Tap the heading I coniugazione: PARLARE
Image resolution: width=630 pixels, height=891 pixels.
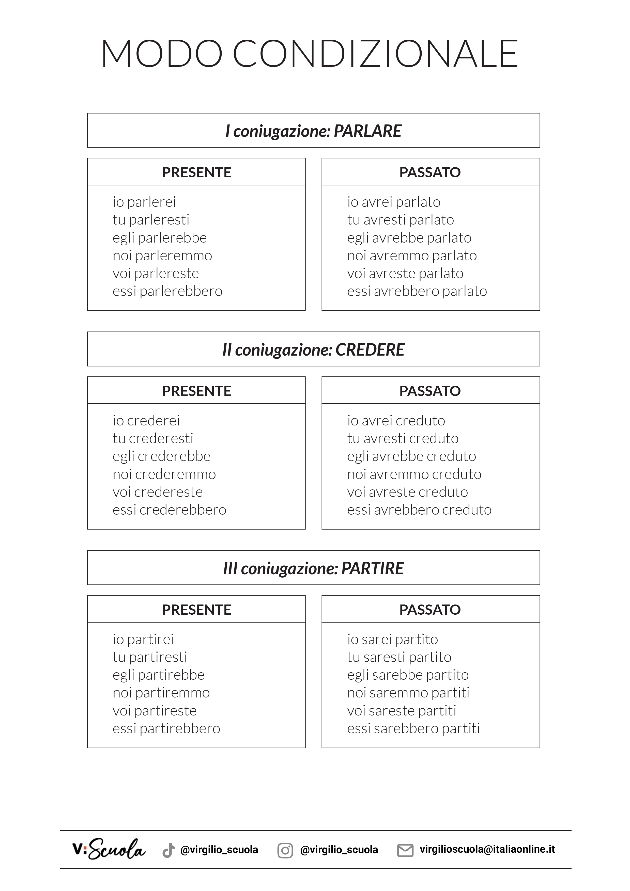313,131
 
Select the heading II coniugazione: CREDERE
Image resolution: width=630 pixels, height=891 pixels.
313,350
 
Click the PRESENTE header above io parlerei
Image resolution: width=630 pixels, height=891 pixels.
196,172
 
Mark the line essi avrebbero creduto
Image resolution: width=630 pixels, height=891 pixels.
419,510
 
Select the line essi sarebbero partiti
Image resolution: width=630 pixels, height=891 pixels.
413,728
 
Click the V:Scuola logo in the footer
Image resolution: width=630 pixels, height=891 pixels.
109,850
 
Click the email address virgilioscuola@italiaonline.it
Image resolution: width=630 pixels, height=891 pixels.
487,850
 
